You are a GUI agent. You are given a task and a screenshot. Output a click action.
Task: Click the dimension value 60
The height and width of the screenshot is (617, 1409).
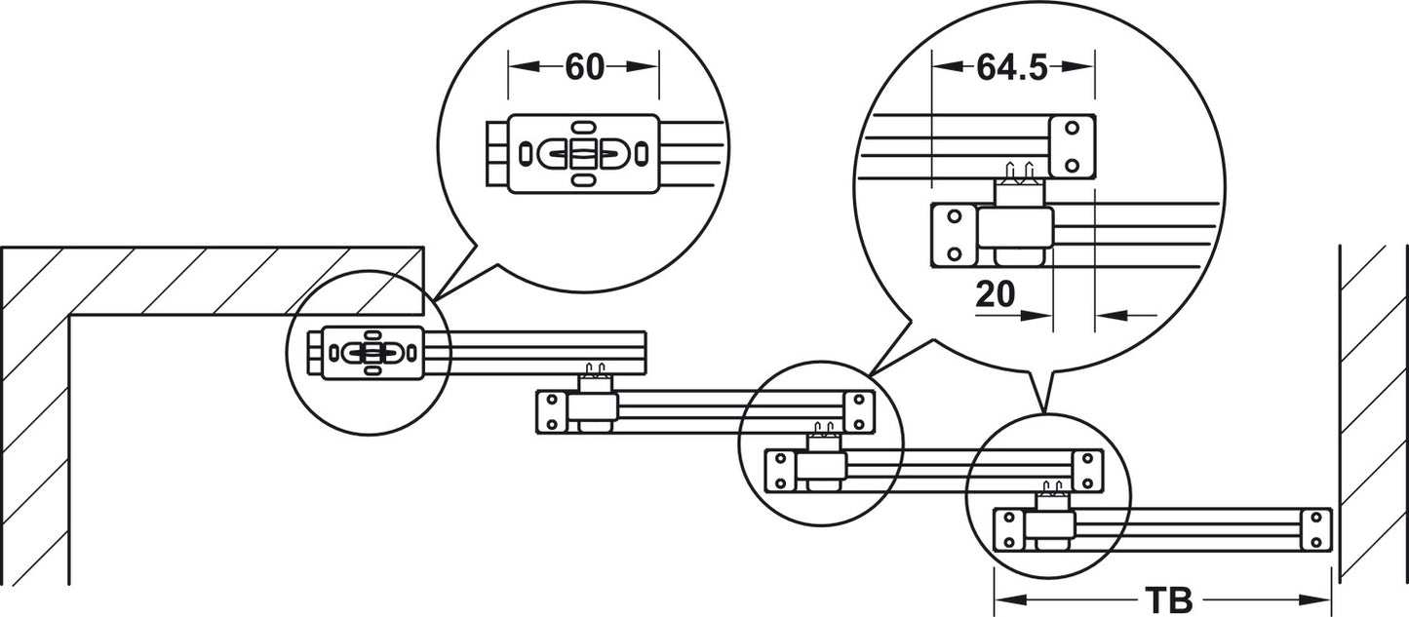584,66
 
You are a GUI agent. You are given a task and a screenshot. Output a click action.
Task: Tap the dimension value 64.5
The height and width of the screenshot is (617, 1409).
1012,67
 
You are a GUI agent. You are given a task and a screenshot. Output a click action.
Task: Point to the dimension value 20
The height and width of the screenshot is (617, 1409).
996,293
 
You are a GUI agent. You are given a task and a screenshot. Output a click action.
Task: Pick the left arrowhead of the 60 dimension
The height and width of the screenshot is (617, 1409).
525,66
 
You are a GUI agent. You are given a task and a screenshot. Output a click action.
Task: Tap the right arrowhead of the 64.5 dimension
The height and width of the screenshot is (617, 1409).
1078,66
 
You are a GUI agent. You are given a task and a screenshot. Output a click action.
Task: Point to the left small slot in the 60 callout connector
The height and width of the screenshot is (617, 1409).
526,153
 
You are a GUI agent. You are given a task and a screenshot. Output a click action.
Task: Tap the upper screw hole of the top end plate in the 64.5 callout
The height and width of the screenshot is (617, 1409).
1073,129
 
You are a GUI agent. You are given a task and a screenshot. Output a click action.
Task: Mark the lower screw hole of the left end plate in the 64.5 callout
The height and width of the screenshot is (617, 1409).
955,254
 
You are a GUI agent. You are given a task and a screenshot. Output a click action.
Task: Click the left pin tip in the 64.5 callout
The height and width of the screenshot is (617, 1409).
1010,164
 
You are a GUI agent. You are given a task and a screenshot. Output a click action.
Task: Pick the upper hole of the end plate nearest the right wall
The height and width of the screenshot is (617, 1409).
1316,518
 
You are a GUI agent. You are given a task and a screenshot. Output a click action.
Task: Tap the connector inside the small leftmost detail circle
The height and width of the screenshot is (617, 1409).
372,352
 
